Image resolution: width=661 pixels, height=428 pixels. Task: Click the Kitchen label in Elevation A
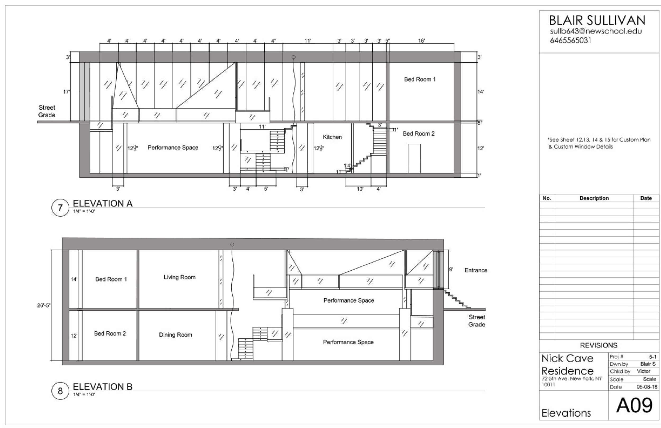click(332, 137)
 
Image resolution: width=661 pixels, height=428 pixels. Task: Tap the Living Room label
click(180, 277)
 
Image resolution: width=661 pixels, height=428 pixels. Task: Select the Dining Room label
click(175, 335)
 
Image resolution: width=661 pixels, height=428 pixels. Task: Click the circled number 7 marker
click(60, 208)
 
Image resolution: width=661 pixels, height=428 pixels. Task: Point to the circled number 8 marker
click(60, 391)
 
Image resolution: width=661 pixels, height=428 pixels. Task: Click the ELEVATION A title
click(103, 203)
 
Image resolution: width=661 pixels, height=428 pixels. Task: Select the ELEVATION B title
click(103, 386)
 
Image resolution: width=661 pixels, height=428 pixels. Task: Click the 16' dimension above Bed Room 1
click(421, 41)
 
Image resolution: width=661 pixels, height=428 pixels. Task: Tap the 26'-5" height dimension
click(44, 306)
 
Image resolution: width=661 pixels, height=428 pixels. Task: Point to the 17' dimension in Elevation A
click(66, 92)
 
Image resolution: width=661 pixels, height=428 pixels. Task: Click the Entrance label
click(476, 270)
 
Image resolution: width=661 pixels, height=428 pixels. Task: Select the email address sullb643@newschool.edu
click(596, 31)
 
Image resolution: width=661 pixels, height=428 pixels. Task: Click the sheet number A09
click(634, 406)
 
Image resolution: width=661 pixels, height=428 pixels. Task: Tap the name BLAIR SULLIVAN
click(597, 20)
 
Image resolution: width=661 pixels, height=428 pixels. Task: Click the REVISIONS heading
click(599, 345)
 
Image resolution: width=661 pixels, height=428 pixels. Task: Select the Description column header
click(594, 198)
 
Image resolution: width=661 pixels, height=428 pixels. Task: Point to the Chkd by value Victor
click(644, 371)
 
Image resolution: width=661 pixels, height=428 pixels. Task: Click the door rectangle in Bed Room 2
click(414, 158)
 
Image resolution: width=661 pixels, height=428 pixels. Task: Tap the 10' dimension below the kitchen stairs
click(360, 189)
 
